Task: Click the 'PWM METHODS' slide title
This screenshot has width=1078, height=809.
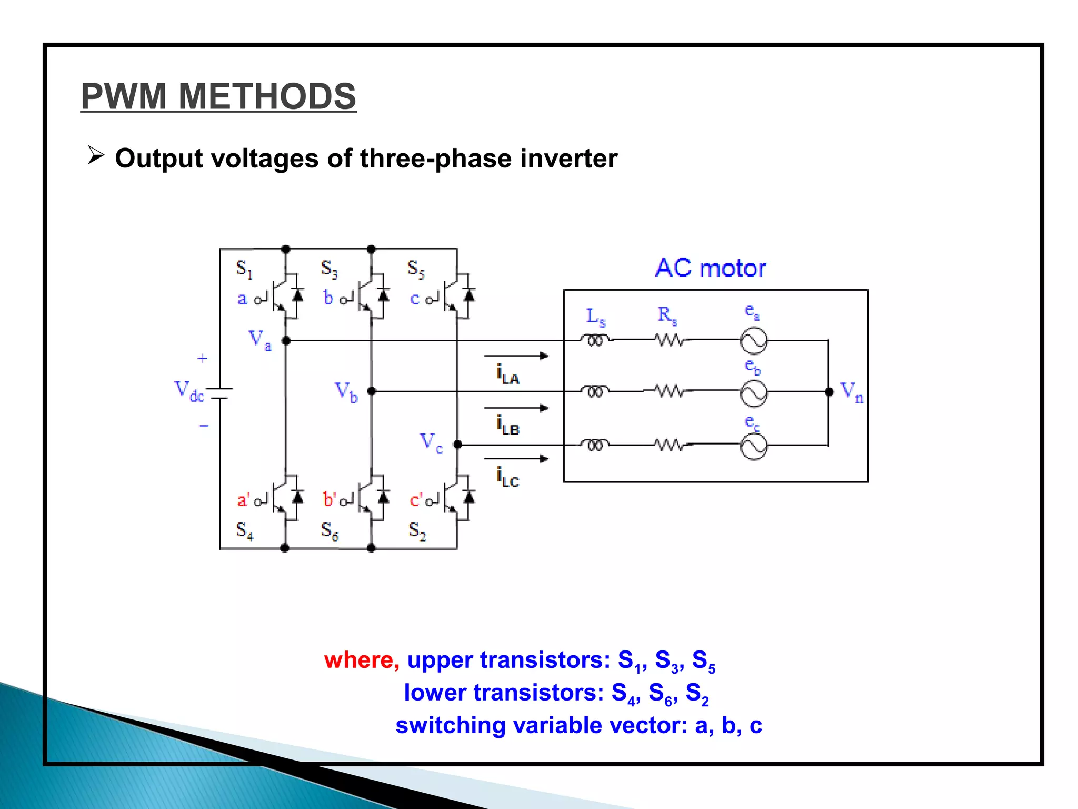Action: (218, 96)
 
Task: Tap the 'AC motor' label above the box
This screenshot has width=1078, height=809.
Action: (710, 268)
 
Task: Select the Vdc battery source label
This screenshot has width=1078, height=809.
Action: (189, 391)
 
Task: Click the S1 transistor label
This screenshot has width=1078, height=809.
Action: (244, 269)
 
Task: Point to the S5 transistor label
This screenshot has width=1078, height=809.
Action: (416, 269)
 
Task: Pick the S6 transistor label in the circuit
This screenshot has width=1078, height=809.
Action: (330, 531)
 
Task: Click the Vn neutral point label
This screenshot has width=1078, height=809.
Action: (852, 392)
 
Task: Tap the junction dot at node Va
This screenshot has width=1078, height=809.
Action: (286, 341)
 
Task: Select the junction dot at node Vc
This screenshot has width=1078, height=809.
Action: (457, 445)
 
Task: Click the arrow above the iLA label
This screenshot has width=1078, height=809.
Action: (516, 356)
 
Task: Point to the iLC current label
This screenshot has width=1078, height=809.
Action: (507, 477)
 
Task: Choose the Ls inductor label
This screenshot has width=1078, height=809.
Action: (596, 317)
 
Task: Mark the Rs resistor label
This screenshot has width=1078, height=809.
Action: (667, 315)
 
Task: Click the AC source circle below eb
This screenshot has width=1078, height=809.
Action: (754, 393)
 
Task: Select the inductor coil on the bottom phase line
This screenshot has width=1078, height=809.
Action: (595, 446)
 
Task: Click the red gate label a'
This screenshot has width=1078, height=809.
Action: (243, 499)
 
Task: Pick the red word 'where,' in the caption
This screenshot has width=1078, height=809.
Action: (362, 660)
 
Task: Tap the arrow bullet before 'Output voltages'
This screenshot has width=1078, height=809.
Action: (96, 156)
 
